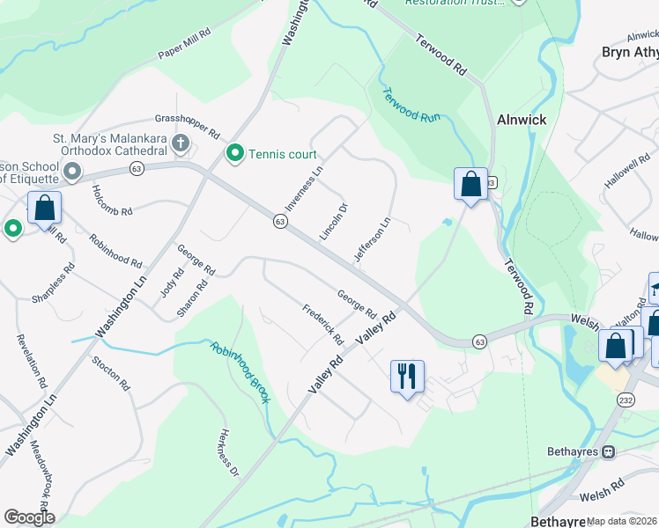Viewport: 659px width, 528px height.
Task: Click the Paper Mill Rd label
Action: click(x=184, y=45)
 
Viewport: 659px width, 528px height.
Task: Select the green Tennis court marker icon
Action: click(x=235, y=154)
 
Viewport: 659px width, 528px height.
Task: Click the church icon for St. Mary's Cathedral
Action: click(x=180, y=143)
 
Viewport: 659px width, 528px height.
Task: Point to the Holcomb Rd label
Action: click(x=112, y=200)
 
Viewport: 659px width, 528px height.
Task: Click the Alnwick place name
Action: click(x=522, y=120)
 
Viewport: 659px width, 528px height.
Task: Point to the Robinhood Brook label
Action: click(x=239, y=372)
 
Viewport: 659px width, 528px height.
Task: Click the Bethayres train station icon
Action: click(x=607, y=451)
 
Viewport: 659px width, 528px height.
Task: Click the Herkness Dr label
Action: click(x=228, y=452)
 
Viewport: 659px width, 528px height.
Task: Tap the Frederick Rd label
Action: click(x=322, y=324)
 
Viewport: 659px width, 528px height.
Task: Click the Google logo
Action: click(x=29, y=517)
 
